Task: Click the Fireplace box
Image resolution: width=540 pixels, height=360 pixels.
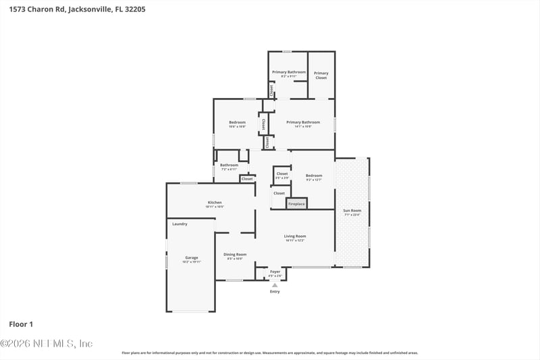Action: coord(297,203)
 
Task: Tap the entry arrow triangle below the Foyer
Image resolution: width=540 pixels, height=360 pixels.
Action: coord(275,286)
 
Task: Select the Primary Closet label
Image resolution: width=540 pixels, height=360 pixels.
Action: coord(321,75)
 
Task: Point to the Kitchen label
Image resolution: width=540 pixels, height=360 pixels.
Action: coord(215,203)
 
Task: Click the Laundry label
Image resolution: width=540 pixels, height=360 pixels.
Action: coord(180,224)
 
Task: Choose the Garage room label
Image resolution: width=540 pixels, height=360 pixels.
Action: coord(192,257)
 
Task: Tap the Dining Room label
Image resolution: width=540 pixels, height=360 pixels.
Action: coord(235,254)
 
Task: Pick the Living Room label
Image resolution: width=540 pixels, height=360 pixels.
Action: coord(295,236)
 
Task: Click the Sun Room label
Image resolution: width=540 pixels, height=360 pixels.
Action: coord(352,211)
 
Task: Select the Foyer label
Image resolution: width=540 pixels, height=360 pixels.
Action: coord(275,272)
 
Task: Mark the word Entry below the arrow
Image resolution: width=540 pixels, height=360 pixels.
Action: coord(275,292)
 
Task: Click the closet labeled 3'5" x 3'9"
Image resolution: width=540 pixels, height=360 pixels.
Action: coord(281,176)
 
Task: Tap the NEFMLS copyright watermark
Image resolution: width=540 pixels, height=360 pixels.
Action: coord(47,344)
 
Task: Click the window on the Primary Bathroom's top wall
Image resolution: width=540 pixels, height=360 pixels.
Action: coord(287,51)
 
